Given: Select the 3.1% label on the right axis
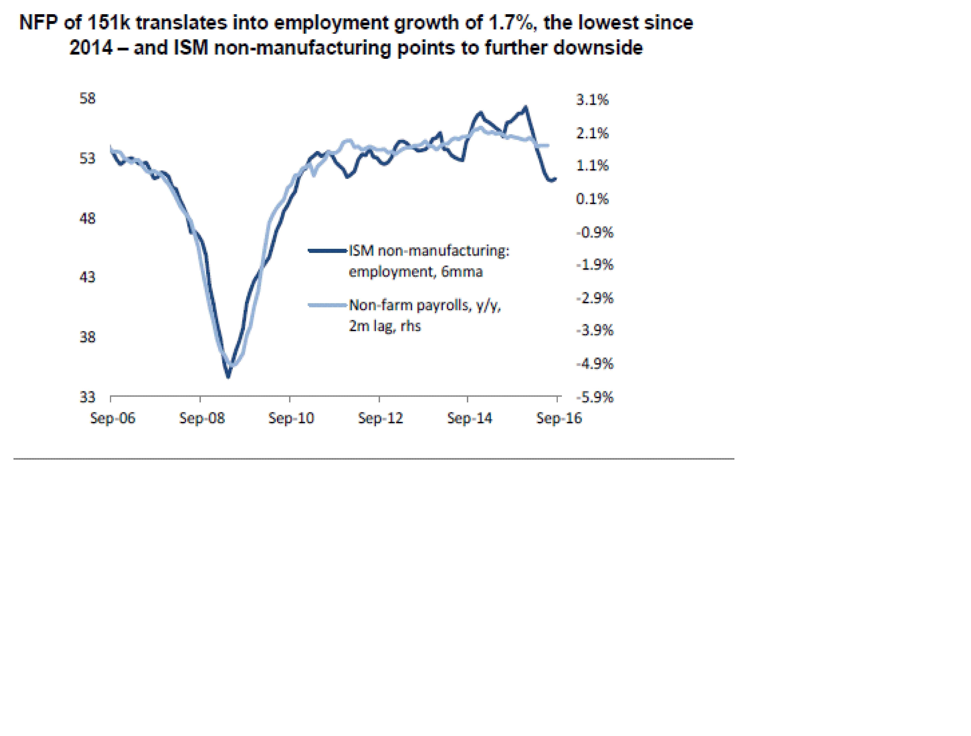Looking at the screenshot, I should point(592,100).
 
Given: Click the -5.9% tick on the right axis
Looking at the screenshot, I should point(594,397).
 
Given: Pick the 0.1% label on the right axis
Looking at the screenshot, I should point(592,199).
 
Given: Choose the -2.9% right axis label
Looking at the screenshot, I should point(594,298).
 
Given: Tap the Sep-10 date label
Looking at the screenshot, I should point(291,418).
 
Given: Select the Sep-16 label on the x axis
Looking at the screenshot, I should point(559,418).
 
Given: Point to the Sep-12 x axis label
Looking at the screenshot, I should point(380,418).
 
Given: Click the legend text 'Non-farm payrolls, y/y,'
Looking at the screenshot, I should point(424,305).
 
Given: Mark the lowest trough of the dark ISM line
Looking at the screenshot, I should point(228,376).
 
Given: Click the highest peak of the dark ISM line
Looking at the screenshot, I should point(526,107).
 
